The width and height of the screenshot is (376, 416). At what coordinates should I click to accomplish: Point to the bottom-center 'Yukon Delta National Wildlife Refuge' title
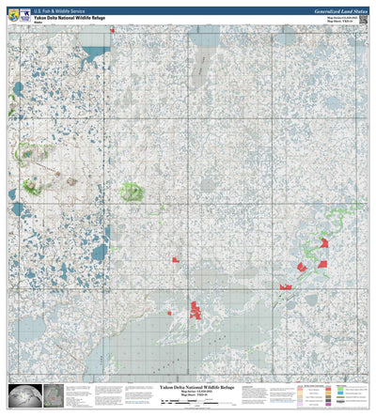195,387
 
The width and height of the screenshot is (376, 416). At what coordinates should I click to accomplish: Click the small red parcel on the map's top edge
111,30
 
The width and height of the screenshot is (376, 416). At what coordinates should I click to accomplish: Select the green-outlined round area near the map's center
132,192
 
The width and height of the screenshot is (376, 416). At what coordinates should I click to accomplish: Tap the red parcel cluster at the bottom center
196,308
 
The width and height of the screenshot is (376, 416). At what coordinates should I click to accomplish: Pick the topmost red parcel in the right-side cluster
324,242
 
